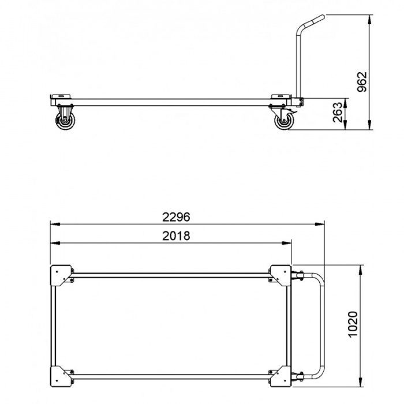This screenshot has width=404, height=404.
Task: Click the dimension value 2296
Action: [176, 217]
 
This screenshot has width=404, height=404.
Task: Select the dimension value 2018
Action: [176, 235]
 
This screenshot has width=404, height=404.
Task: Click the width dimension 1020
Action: [353, 325]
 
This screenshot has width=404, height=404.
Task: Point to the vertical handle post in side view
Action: [298, 63]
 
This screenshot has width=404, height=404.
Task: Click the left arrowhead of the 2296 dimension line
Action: [53, 225]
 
